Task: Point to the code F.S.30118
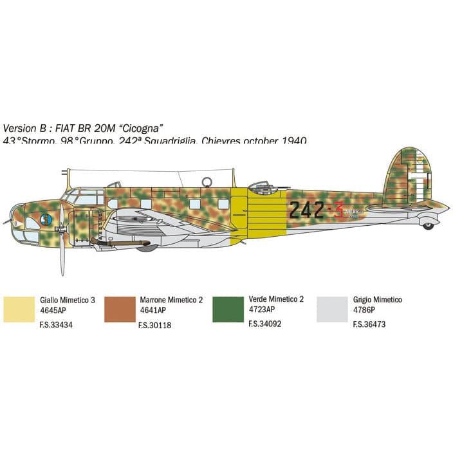click(154, 325)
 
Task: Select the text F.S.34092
click(264, 324)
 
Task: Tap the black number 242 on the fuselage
click(306, 209)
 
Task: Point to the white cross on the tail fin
click(421, 180)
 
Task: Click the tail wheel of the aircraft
click(428, 225)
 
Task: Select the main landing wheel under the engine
click(147, 246)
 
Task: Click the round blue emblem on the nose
click(46, 219)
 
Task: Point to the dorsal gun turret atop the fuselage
click(261, 186)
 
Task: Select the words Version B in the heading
click(25, 127)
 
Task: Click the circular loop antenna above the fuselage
click(207, 182)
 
